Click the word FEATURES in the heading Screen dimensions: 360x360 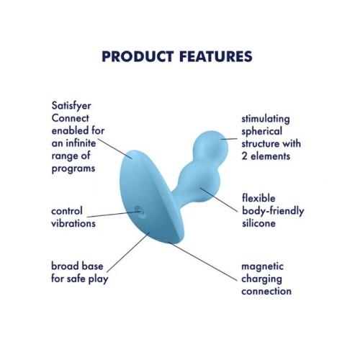pos(216,56)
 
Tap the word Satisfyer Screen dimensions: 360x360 pos(71,106)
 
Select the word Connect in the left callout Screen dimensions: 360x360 pos(70,118)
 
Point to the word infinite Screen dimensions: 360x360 pos(81,143)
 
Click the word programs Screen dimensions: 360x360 pos(73,169)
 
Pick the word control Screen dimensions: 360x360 pos(67,211)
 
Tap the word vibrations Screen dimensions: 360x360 pos(73,223)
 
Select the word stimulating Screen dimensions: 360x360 pos(266,120)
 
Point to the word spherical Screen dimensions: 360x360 pos(261,132)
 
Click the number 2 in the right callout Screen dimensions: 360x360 pos(244,156)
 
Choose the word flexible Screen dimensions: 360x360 pos(258,198)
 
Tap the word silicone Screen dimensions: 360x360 pos(258,223)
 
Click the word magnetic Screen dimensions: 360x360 pos(262,267)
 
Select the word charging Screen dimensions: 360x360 pos(261,279)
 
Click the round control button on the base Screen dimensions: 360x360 pos(140,212)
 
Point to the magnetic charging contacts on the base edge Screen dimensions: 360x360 pos(167,240)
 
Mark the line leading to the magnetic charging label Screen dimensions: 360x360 pos(202,261)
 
